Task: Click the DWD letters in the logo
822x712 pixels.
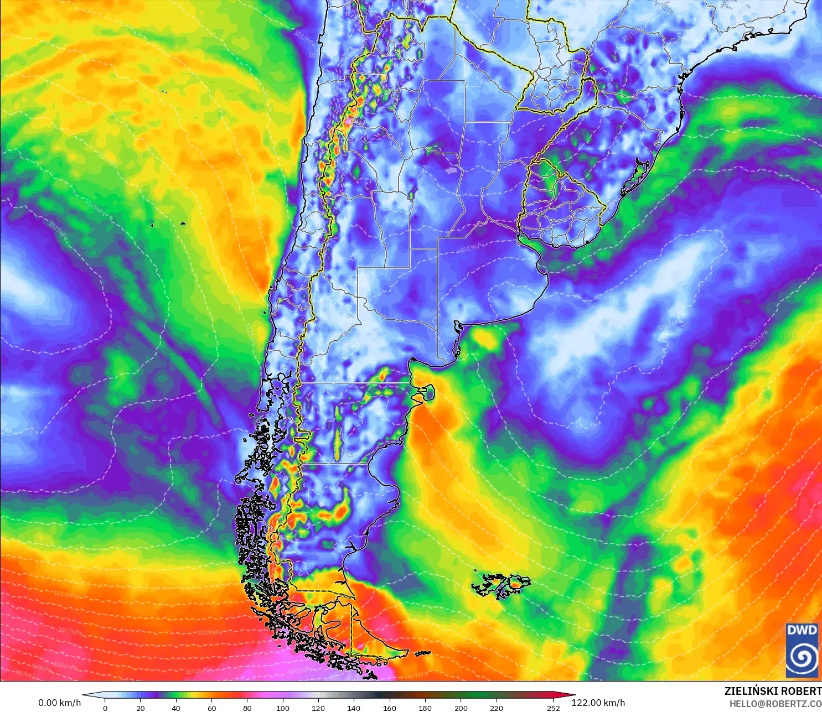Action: click(802, 630)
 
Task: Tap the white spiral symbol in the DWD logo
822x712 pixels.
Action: click(802, 657)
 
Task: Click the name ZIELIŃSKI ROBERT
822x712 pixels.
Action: click(773, 691)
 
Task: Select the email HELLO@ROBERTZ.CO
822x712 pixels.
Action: click(775, 704)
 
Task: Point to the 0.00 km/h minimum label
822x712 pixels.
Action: click(59, 703)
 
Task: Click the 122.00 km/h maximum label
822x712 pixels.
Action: click(598, 703)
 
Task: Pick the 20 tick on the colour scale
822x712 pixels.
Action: click(141, 708)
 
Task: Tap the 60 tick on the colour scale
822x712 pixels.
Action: click(211, 708)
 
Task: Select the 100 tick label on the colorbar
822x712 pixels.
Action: click(283, 708)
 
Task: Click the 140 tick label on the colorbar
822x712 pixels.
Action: click(354, 708)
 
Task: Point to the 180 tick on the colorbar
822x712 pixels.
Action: click(425, 708)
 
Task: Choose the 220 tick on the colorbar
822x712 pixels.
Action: click(496, 708)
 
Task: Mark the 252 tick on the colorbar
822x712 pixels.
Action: click(553, 708)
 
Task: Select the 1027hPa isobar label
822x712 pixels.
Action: click(58, 231)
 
